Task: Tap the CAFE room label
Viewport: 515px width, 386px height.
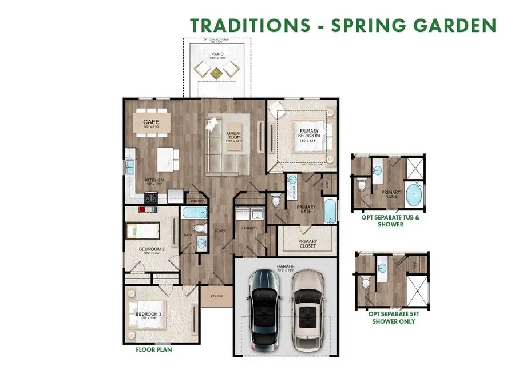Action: (151, 121)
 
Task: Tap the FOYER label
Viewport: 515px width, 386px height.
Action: (220, 232)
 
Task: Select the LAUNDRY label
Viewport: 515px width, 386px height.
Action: (250, 228)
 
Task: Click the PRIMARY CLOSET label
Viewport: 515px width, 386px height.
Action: (307, 244)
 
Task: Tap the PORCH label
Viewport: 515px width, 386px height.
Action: (217, 296)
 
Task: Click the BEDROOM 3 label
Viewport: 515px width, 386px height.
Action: (146, 316)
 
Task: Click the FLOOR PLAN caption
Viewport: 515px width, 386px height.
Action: (153, 349)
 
